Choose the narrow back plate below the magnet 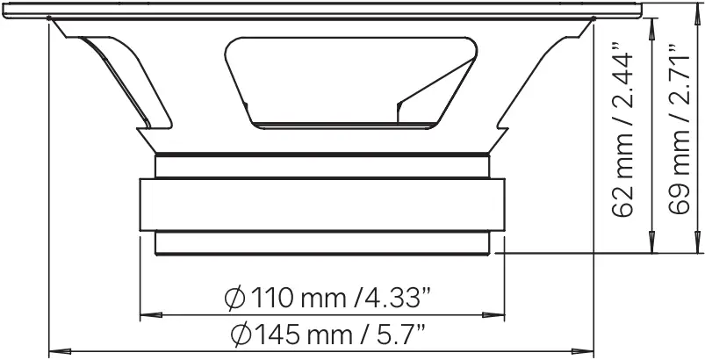coord(322,243)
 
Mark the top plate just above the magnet coord(322,165)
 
